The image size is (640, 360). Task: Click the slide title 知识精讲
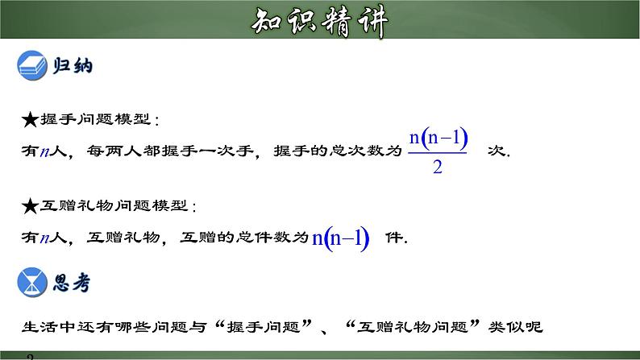coord(319,23)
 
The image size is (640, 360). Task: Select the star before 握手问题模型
coord(29,121)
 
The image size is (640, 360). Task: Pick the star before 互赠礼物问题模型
coord(29,207)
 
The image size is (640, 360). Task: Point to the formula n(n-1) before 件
coord(340,238)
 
